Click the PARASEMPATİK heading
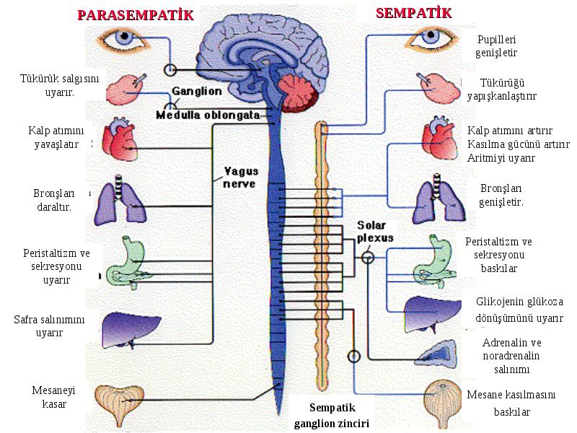coord(136,14)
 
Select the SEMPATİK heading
coord(413,13)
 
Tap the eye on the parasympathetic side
coord(123,39)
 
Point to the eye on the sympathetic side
coord(431,39)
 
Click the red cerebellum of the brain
coord(298,94)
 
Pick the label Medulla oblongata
coord(208,115)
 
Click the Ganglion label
coord(197,92)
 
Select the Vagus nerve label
coord(241,177)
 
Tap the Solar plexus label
coord(375,231)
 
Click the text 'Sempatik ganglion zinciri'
coord(332,416)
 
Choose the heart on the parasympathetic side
coord(119,139)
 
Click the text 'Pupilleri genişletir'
coord(496,46)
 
